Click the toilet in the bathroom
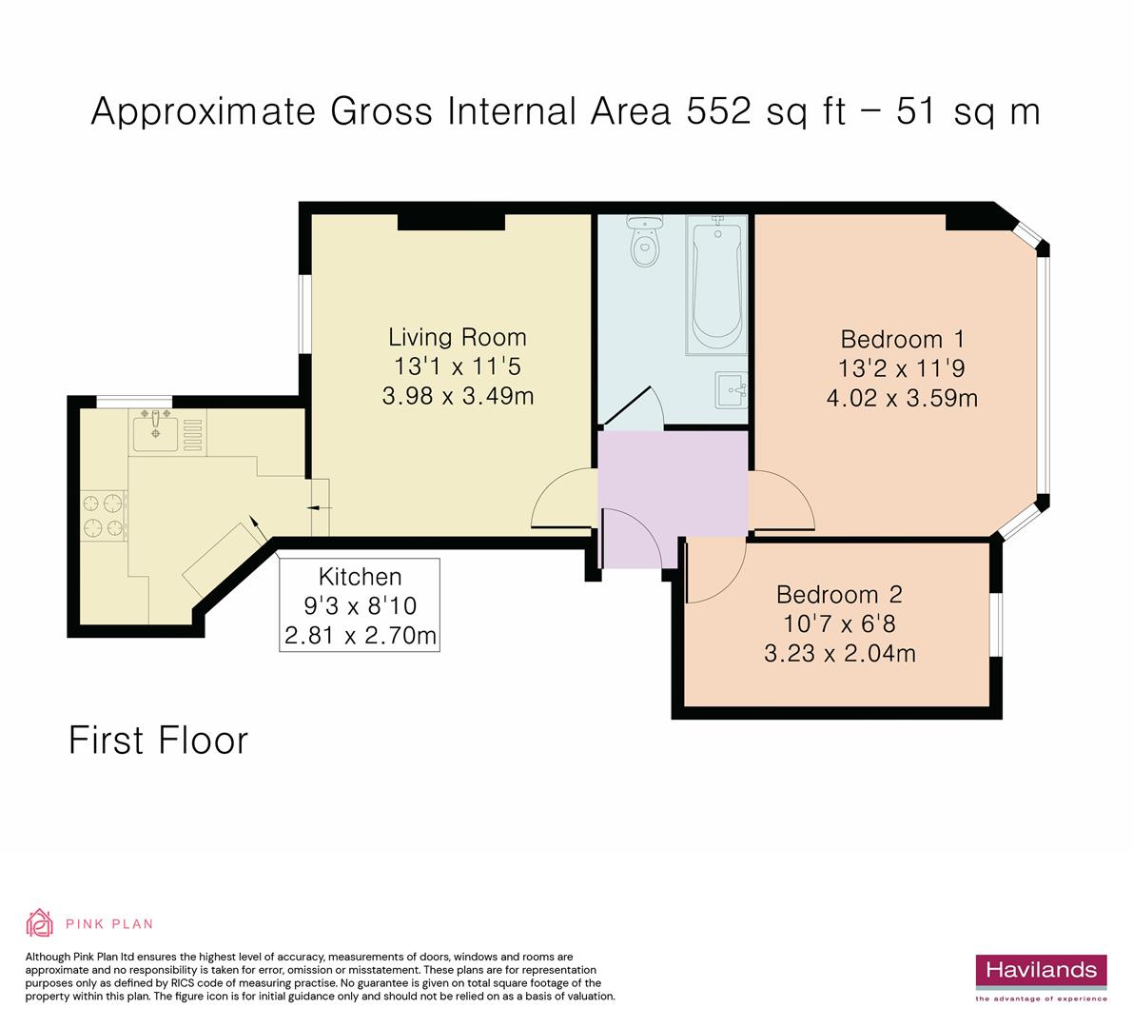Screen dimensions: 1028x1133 tap(645, 244)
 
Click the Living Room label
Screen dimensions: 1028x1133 tap(457, 337)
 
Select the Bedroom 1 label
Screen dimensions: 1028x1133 tap(902, 339)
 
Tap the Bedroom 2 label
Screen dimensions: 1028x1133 tap(838, 595)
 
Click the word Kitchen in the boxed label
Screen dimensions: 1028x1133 tap(360, 576)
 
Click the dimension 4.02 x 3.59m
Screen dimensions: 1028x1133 tap(902, 398)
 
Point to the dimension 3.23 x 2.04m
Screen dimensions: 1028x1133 tap(839, 653)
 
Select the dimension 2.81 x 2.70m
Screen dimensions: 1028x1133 tap(360, 635)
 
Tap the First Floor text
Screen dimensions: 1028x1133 tap(158, 741)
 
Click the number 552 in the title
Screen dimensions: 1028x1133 tap(721, 111)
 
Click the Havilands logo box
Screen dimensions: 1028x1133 tap(1041, 971)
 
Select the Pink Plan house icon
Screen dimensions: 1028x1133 tap(40, 922)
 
